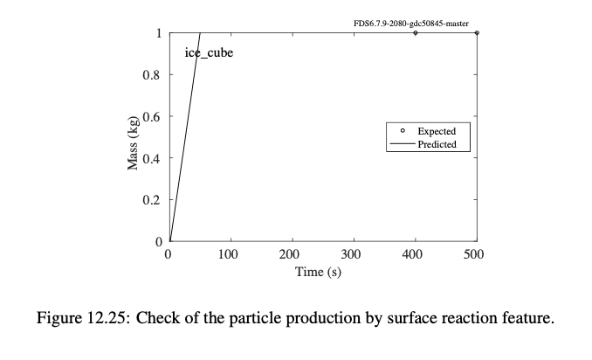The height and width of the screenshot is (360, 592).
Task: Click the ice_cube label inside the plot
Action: point(209,52)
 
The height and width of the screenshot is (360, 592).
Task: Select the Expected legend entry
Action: point(436,132)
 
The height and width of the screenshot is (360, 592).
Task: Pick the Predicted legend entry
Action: point(437,144)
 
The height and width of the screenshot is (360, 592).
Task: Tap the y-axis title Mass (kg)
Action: point(134,142)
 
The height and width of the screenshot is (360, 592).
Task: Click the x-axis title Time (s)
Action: point(322,273)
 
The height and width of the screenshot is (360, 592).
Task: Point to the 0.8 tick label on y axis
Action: point(153,75)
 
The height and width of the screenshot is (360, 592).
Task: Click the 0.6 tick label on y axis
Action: point(153,117)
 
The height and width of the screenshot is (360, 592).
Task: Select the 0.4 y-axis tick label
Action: point(153,158)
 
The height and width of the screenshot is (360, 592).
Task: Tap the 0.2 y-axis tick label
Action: point(153,200)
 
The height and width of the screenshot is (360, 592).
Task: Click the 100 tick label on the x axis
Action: point(230,255)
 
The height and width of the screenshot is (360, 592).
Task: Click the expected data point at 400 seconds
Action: point(416,33)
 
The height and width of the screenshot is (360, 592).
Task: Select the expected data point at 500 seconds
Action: point(477,33)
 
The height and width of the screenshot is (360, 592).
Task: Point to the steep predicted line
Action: point(185,137)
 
